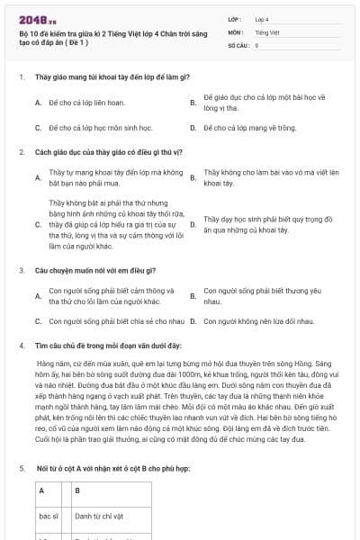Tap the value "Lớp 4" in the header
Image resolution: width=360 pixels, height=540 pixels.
(262, 18)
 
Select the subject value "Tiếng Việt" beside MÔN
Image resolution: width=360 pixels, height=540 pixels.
(265, 31)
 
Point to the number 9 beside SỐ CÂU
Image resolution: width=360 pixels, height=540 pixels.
(257, 44)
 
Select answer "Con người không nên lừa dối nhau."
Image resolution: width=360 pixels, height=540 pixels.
(258, 320)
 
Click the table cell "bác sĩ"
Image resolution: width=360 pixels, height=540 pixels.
(49, 517)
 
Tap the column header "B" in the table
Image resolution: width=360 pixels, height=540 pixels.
(77, 490)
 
